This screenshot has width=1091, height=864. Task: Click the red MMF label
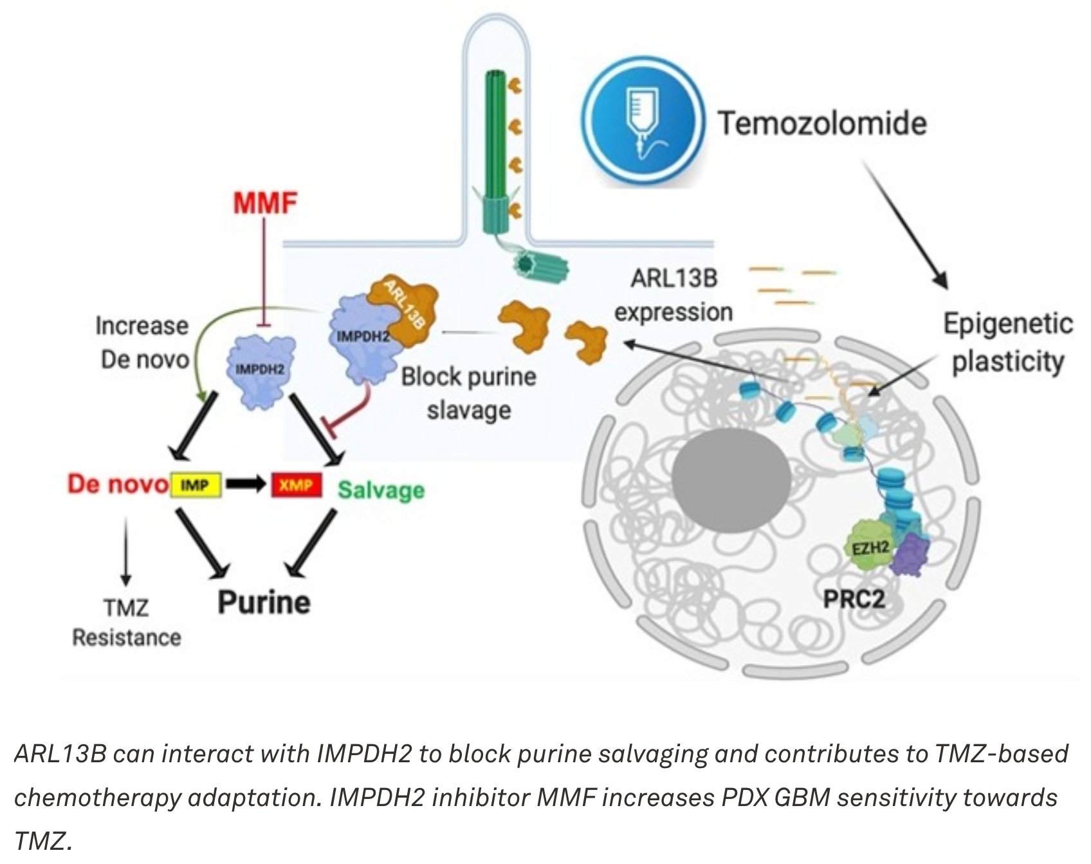point(265,203)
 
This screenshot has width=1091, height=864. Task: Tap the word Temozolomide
point(822,123)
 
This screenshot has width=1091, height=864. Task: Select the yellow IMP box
point(196,485)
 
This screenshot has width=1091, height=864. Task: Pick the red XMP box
point(296,485)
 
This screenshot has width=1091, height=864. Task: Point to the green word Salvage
point(381,490)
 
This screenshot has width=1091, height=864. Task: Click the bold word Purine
point(264,602)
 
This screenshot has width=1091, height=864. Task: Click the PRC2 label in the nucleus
point(854,599)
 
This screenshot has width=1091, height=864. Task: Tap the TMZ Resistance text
point(126,622)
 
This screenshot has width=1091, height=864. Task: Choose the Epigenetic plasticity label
point(1007,342)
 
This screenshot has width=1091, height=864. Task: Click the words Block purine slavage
point(468,393)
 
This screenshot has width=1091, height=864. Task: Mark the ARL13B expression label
point(673,295)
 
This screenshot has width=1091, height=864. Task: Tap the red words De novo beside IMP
point(117,484)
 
